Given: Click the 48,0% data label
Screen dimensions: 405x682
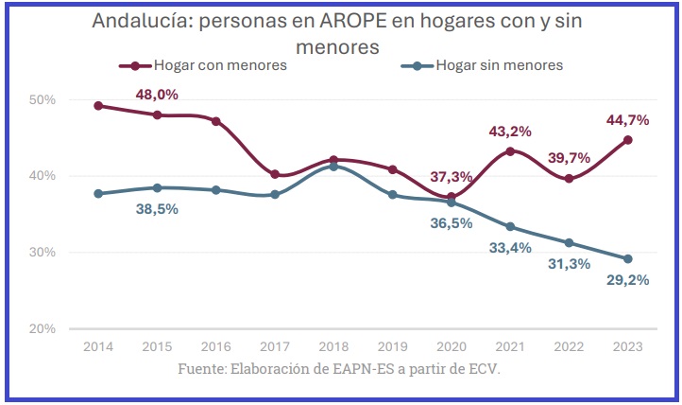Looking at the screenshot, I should point(157,95).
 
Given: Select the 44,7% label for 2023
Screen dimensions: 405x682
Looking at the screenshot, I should point(625,119).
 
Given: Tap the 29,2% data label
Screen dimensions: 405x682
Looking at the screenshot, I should point(625,281).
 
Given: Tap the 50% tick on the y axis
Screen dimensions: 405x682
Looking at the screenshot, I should point(43,99).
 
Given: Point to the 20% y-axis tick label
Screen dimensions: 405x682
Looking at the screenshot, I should point(43,328).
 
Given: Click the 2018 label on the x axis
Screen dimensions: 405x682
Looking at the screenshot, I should point(333,346).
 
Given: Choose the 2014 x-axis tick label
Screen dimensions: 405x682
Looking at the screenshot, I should point(99,346).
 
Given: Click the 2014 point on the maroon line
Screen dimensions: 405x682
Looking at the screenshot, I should point(99,106).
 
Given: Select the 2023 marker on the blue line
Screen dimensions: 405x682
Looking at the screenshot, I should point(627,258).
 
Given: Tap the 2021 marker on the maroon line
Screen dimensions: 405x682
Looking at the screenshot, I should point(510,151).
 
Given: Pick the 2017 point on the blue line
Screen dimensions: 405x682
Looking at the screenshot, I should point(275,195).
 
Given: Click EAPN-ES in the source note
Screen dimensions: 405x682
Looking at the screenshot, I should point(355,369).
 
